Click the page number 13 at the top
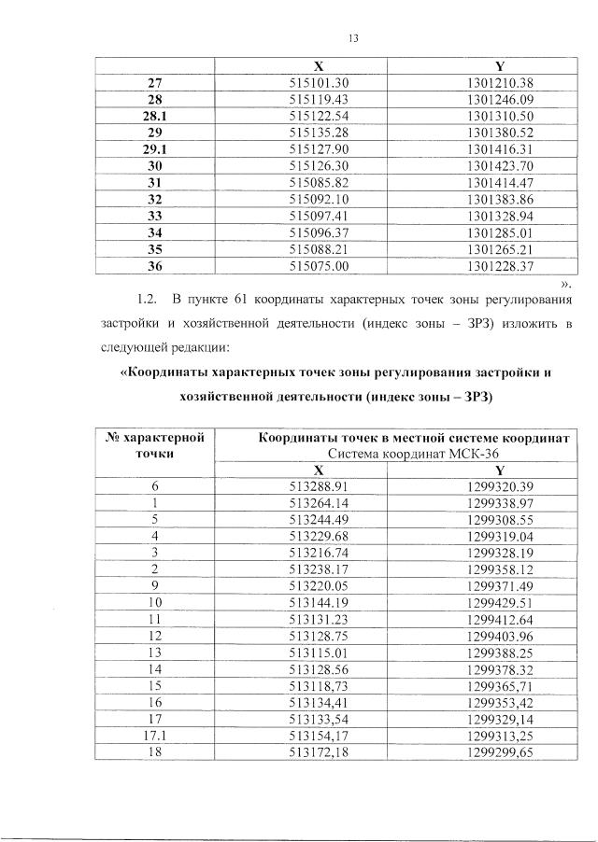(353, 38)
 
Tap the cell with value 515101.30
(320, 84)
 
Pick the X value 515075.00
(320, 266)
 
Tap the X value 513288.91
(319, 486)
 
